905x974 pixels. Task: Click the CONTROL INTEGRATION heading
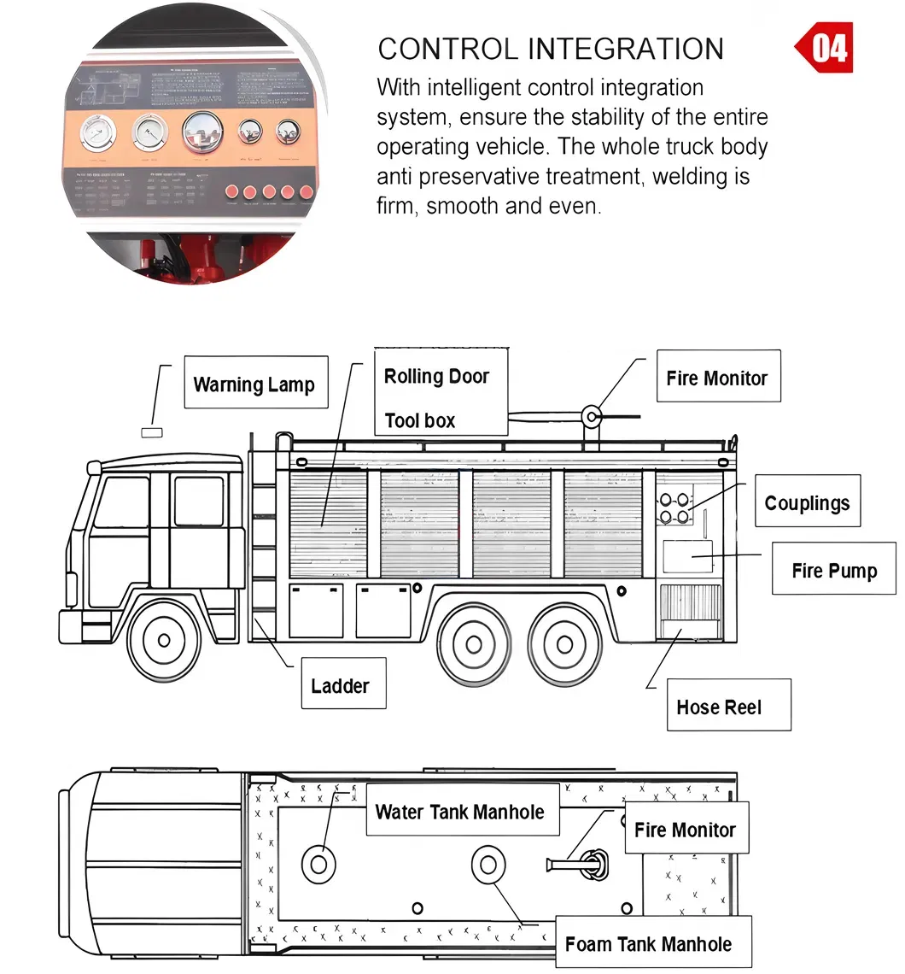tap(551, 49)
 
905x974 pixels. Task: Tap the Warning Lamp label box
tap(255, 383)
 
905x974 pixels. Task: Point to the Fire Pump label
tap(833, 569)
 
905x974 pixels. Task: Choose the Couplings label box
tap(807, 502)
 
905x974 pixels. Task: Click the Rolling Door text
tap(436, 376)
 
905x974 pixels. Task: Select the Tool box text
tap(419, 420)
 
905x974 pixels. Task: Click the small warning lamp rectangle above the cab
tap(151, 432)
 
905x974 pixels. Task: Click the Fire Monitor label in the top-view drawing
tap(686, 828)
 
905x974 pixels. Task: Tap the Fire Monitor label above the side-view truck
tap(717, 377)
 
